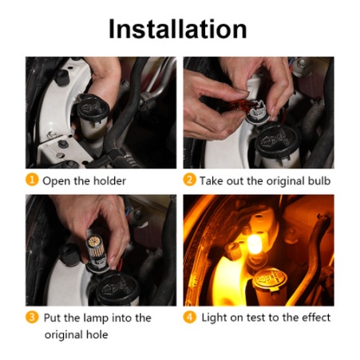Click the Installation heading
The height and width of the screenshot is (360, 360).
tap(178, 29)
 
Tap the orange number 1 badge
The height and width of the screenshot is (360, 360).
tap(32, 180)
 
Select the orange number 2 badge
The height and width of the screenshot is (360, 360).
tap(189, 180)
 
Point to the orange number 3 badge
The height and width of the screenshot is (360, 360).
tap(32, 317)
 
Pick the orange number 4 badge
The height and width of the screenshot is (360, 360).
tap(189, 317)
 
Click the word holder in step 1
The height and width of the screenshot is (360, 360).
tap(109, 181)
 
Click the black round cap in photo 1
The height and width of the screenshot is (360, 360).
tap(93, 107)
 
